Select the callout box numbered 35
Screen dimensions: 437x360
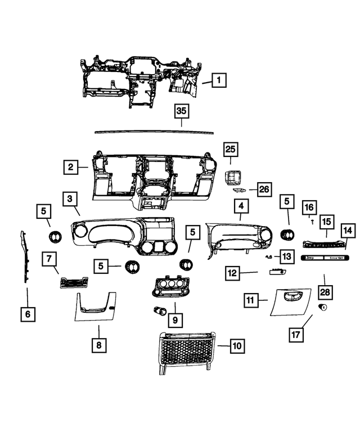181,111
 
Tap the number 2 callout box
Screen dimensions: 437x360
70,167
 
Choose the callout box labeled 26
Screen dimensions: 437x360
264,190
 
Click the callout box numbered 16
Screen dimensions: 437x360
309,208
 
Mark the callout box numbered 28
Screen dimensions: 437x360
325,292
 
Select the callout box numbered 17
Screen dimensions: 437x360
296,334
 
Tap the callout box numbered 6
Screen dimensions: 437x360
27,314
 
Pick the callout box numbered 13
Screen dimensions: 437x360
286,256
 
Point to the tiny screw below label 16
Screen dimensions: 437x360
311,222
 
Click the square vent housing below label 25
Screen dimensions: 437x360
232,178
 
